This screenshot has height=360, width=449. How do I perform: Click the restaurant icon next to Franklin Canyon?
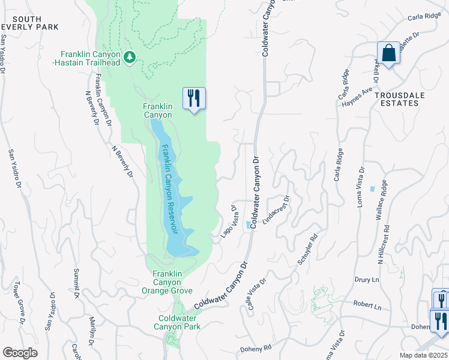pyautogui.click(x=194, y=98)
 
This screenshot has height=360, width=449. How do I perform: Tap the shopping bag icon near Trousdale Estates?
pyautogui.click(x=388, y=53)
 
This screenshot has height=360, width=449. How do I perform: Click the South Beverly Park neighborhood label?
pyautogui.click(x=29, y=23)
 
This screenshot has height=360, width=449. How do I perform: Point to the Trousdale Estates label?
pyautogui.click(x=396, y=99)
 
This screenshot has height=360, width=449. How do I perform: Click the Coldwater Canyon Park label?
pyautogui.click(x=179, y=322)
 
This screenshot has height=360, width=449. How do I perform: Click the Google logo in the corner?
pyautogui.click(x=20, y=353)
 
